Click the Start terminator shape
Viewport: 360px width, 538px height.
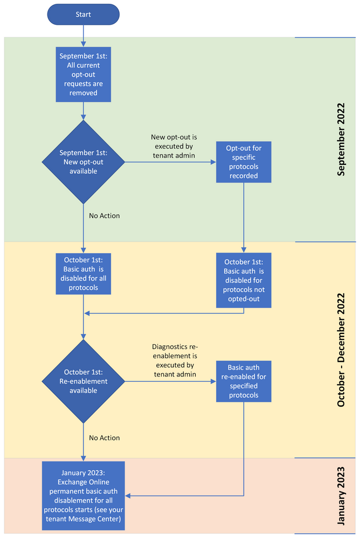84,14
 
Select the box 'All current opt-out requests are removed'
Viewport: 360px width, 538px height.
84,74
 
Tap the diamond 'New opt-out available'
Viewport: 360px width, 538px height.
84,162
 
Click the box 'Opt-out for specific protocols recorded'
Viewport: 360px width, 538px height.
244,162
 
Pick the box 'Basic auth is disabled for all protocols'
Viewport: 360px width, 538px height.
84,274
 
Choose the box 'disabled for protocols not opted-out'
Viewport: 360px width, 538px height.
244,280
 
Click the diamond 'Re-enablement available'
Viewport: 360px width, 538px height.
84,381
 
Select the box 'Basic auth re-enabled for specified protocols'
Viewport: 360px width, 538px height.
244,381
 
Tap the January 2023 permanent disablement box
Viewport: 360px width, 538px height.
84,495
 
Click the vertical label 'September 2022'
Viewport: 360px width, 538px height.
341,139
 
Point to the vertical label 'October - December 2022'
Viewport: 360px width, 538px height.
341,350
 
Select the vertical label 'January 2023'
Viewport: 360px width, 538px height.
341,496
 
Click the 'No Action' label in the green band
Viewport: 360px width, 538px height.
104,216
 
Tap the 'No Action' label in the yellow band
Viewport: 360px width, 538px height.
104,438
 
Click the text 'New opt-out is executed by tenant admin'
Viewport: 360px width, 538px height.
172,145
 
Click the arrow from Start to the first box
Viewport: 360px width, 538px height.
84,35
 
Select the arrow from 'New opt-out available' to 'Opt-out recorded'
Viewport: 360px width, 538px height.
170,162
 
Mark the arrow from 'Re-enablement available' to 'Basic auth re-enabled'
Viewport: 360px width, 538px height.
170,381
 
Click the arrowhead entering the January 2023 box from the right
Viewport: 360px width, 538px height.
128,495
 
